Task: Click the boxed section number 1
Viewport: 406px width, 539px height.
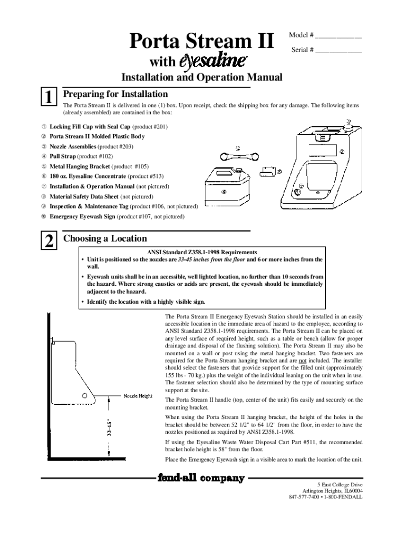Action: [x=49, y=98]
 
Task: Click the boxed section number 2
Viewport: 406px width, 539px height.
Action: [x=49, y=241]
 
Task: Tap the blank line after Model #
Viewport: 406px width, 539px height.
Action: [x=339, y=36]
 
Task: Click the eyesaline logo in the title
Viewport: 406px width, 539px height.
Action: [x=214, y=61]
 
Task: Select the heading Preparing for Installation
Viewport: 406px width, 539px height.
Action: [x=115, y=94]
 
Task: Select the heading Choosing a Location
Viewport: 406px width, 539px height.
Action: [x=105, y=238]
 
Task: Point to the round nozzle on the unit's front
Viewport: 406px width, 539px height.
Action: [x=297, y=193]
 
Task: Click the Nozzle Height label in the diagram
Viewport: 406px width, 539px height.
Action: [x=138, y=396]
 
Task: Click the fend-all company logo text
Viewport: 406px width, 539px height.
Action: [x=200, y=478]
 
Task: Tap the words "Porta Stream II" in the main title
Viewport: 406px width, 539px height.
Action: [x=202, y=41]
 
